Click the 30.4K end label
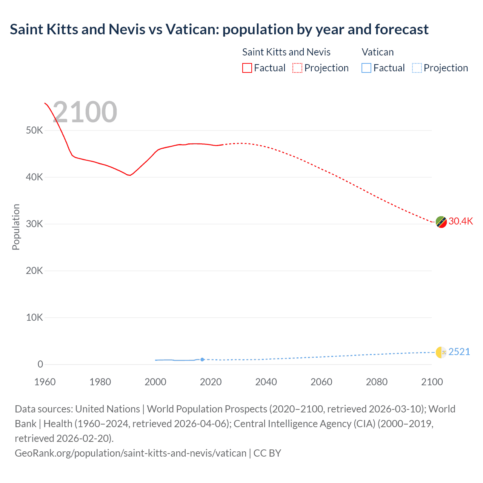(460, 222)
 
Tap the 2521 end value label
(459, 352)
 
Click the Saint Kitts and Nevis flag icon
(441, 222)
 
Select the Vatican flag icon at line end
(441, 352)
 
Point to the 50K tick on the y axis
(35, 131)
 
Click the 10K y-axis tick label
(35, 317)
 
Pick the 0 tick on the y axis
(40, 364)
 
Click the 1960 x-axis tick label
(45, 382)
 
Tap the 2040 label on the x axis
(266, 382)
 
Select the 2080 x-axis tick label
(377, 382)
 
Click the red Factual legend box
(247, 68)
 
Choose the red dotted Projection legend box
(297, 68)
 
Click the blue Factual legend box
(366, 68)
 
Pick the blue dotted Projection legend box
(417, 68)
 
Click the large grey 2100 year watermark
(85, 112)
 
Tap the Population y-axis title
(16, 227)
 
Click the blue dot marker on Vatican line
(202, 360)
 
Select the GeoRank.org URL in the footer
(131, 453)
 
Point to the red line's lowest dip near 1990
(129, 175)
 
